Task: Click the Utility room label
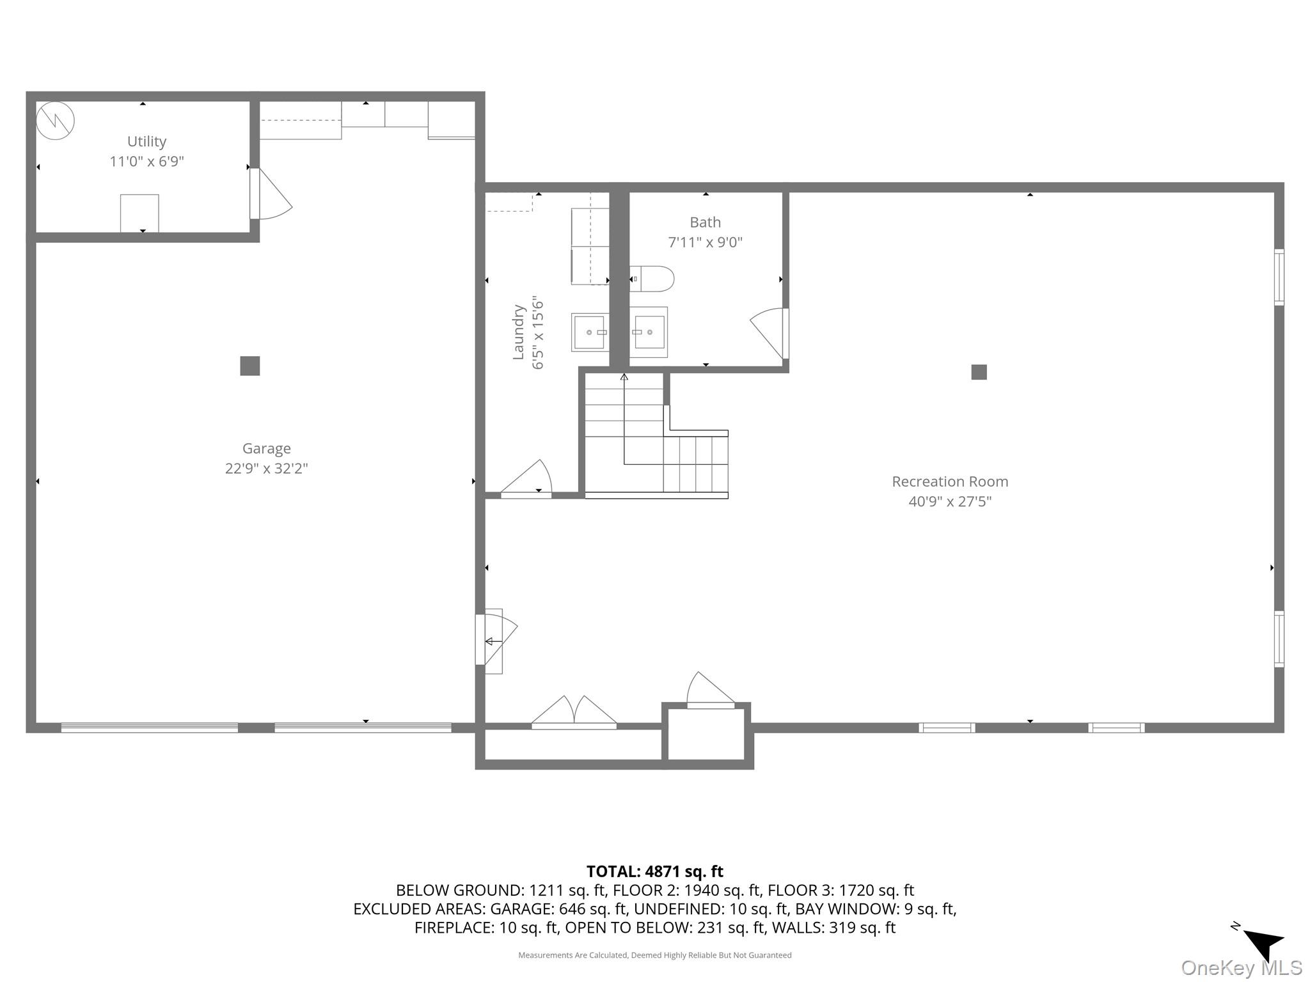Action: coord(146,141)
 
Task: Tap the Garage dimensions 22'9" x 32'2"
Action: coord(266,469)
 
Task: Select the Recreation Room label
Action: coord(949,481)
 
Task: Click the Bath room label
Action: coord(705,222)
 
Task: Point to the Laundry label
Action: coord(519,332)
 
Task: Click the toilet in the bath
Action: coord(652,279)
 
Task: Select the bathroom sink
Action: coord(649,332)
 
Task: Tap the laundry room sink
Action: coord(590,332)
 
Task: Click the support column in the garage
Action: coord(249,366)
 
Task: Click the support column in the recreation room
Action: coord(979,372)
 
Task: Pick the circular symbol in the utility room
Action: coord(55,120)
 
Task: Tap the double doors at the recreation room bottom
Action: coord(574,713)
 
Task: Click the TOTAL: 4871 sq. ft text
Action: coord(654,871)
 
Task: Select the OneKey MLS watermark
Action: coord(1241,968)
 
